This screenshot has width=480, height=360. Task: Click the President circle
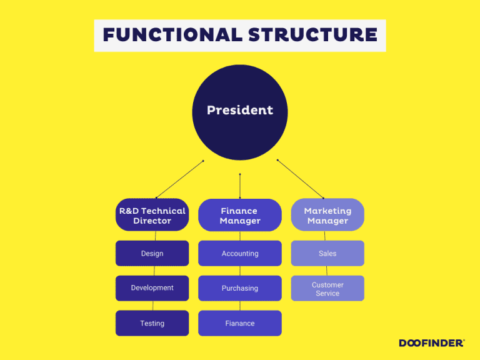click(240, 111)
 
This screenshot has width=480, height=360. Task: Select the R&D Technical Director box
click(152, 216)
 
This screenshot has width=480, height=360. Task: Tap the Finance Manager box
click(240, 216)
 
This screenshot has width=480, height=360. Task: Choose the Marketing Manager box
click(327, 216)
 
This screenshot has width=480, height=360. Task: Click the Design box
click(152, 253)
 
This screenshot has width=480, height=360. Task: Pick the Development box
click(152, 288)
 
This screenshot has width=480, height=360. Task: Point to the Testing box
click(152, 323)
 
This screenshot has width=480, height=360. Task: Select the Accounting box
click(240, 253)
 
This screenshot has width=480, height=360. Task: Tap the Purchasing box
click(240, 288)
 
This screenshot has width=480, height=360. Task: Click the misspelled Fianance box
click(240, 323)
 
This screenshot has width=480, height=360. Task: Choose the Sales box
click(327, 253)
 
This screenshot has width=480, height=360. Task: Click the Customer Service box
click(327, 288)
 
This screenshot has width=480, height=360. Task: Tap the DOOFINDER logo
click(431, 342)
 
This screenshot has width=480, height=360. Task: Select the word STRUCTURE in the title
click(312, 35)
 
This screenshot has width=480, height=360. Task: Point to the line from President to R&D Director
click(179, 179)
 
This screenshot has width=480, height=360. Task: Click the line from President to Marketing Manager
click(300, 179)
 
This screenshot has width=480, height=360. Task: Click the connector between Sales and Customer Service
click(326, 271)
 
